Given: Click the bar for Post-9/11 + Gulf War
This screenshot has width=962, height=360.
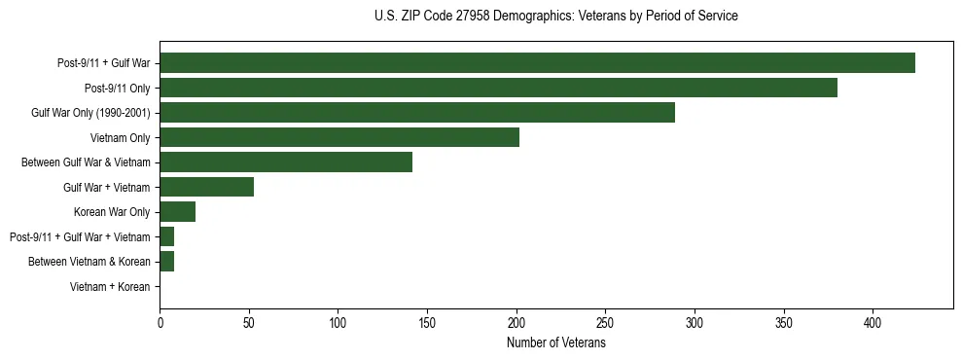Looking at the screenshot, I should pyautogui.click(x=537, y=62).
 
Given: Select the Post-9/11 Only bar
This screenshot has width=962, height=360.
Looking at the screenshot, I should pyautogui.click(x=498, y=88).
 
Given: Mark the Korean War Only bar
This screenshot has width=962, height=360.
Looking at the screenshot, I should pyautogui.click(x=177, y=211).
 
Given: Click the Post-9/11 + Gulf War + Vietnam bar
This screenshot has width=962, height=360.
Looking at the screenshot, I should pyautogui.click(x=166, y=236).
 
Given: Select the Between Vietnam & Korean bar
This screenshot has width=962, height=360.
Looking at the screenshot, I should pyautogui.click(x=166, y=262).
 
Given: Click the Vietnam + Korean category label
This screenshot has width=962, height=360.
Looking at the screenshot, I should pyautogui.click(x=110, y=287).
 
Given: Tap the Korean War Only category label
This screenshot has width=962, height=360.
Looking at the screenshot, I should pyautogui.click(x=112, y=212).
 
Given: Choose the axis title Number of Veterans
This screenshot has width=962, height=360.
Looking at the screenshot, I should pyautogui.click(x=555, y=342).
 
